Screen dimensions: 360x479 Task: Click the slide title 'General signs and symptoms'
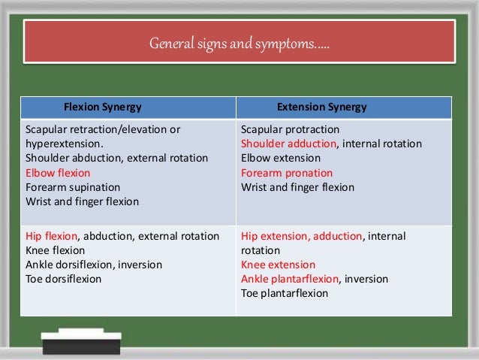click(239, 44)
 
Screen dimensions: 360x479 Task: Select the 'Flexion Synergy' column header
click(102, 107)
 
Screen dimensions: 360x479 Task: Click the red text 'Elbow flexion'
click(58, 172)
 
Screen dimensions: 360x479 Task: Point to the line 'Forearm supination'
click(72, 186)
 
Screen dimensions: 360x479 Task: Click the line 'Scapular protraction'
click(290, 129)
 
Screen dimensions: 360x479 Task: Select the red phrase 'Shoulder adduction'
click(288, 144)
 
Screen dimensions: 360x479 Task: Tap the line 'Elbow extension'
click(280, 158)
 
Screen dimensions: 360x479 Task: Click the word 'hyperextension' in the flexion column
click(64, 144)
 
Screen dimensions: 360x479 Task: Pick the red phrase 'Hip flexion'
click(53, 236)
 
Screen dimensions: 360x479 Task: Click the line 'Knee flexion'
click(55, 250)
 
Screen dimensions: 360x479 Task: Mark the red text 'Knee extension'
click(278, 265)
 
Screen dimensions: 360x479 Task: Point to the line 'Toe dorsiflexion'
click(63, 279)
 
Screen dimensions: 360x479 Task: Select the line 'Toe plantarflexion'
click(284, 293)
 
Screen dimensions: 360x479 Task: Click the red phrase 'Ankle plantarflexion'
click(290, 279)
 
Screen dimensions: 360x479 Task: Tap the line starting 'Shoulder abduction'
click(116, 158)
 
